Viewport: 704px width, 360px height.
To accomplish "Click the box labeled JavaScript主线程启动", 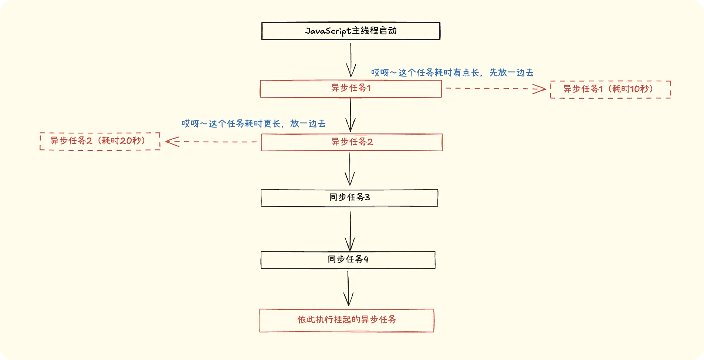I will [351, 31].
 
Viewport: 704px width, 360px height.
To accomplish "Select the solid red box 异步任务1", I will [351, 89].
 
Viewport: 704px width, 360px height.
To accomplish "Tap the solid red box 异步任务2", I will [352, 142].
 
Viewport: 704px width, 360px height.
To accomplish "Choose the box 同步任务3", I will [349, 198].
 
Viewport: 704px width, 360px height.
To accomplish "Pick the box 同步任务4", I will [348, 260].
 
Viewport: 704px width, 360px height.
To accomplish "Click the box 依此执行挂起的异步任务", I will [347, 320].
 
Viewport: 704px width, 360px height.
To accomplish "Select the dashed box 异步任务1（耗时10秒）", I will [610, 89].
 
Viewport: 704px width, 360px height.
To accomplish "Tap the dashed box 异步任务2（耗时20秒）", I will [100, 141].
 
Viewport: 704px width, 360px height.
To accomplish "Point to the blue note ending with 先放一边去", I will [452, 73].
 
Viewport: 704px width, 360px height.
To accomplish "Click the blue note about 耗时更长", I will [253, 123].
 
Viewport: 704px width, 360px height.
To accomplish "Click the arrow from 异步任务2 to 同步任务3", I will [350, 169].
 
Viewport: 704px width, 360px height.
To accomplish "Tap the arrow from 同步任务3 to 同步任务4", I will [350, 230].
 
